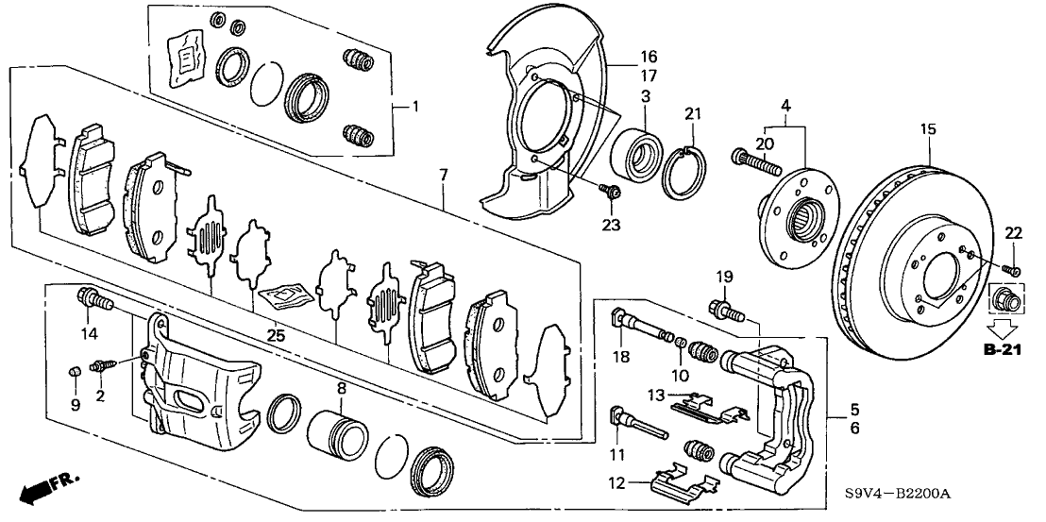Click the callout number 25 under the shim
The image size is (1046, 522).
point(276,335)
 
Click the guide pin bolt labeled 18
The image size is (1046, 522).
point(642,329)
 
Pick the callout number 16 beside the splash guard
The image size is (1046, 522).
point(622,57)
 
